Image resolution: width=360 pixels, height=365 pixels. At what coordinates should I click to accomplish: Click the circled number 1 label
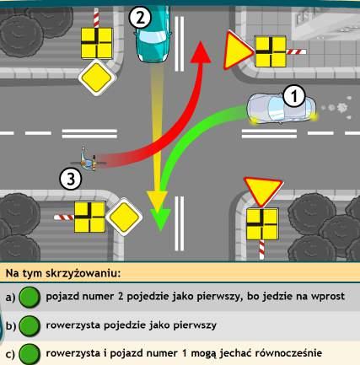[294, 96]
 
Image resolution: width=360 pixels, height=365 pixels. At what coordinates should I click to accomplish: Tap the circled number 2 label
[140, 18]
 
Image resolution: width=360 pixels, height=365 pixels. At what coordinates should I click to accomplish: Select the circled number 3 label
[71, 179]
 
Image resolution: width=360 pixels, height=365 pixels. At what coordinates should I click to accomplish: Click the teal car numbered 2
[153, 34]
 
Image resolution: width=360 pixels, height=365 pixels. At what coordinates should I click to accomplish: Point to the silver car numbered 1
[282, 109]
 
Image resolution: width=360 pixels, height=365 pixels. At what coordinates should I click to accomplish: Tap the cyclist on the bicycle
[87, 159]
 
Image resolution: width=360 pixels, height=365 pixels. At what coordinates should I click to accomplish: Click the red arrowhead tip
[201, 41]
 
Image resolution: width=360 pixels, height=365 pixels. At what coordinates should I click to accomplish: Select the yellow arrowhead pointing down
[158, 201]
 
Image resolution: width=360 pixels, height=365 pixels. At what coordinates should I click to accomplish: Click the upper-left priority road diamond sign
[97, 78]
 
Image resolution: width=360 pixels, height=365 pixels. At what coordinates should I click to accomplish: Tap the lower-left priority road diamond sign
[124, 217]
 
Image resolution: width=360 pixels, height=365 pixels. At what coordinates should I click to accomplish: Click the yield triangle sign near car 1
[237, 51]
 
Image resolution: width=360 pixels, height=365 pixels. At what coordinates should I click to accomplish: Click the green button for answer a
[30, 297]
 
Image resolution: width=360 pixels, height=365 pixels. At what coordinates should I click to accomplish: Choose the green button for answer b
[30, 325]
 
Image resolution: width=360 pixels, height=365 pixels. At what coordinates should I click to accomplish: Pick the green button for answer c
[30, 354]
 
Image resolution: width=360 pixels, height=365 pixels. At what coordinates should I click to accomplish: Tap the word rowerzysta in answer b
[73, 325]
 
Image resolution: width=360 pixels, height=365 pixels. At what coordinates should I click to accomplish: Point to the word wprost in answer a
[327, 297]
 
